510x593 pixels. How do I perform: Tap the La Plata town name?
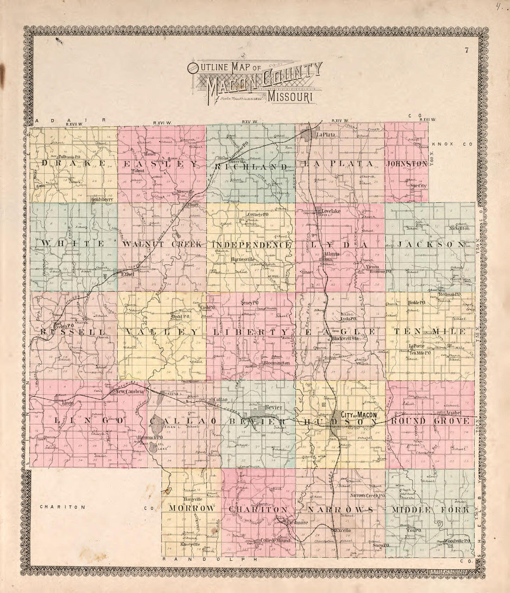(x=325, y=135)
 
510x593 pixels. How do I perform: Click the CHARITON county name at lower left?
(x=63, y=507)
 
